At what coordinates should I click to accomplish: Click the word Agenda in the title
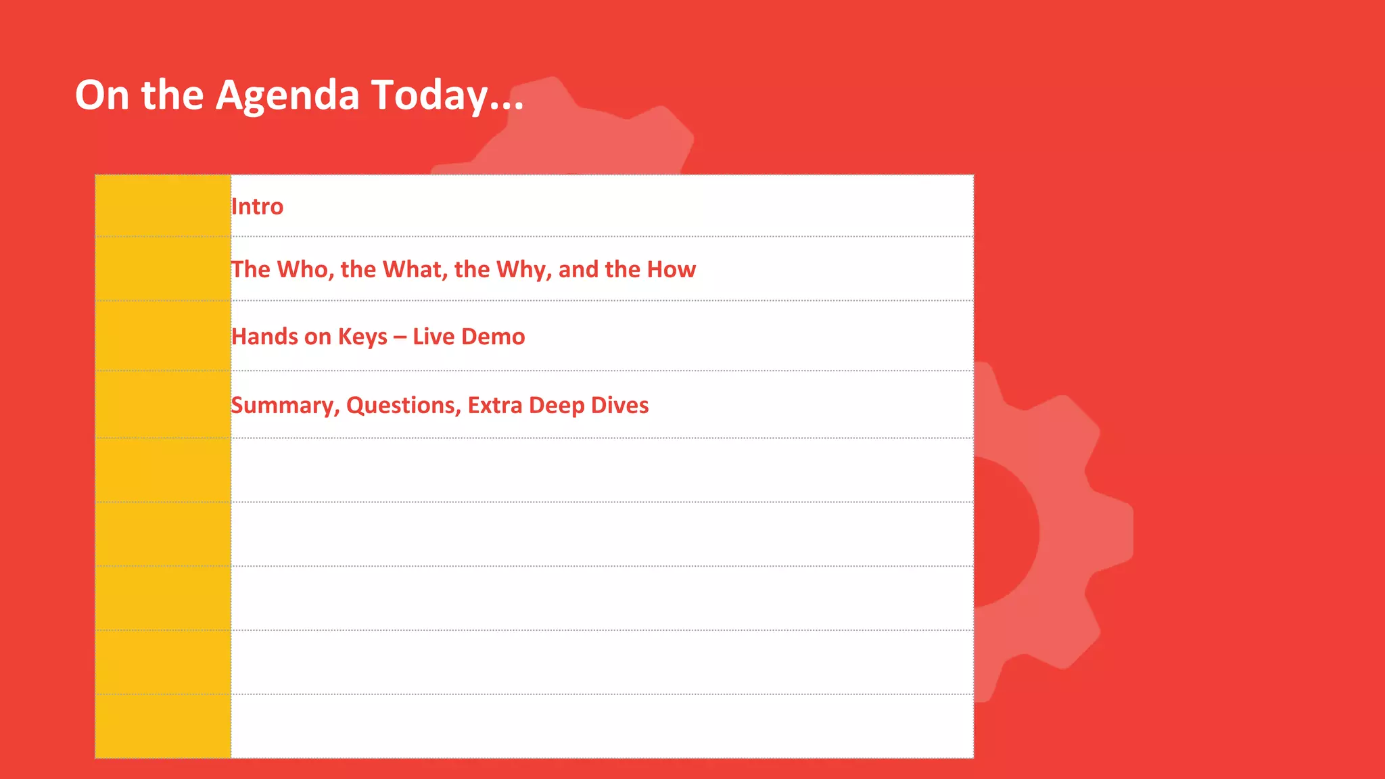coord(287,95)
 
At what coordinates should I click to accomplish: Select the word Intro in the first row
coord(257,206)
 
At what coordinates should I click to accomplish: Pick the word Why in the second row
coord(523,269)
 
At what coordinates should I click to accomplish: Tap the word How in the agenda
coord(671,269)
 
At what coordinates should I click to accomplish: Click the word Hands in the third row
coord(264,336)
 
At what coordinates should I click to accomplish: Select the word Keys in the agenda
coord(362,336)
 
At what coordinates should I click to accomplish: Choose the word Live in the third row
coord(433,336)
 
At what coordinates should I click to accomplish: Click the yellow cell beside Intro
coord(163,206)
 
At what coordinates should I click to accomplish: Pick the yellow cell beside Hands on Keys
coord(163,335)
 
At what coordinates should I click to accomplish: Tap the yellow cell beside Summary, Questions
coord(163,404)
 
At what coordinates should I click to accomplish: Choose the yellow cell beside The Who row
coord(163,268)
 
